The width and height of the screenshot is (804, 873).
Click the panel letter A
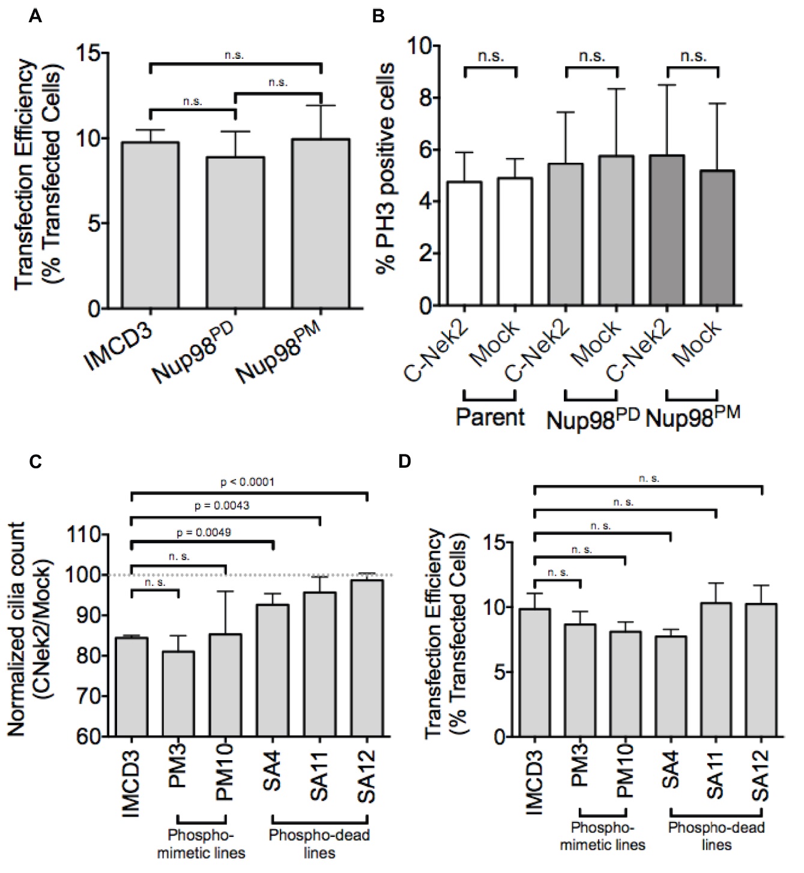tap(35, 16)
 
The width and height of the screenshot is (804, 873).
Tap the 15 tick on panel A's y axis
tap(89, 53)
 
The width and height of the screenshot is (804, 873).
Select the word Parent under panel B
tap(490, 417)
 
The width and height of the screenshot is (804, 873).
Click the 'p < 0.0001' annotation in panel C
tap(247, 482)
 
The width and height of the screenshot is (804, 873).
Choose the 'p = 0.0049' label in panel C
tap(204, 532)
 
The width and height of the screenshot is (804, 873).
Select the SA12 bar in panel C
tap(366, 657)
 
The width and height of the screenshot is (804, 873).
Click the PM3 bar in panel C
tap(178, 693)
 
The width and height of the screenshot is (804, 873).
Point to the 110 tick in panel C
tap(84, 535)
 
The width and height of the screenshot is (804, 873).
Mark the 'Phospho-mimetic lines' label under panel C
tap(201, 843)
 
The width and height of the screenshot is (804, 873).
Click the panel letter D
tap(405, 462)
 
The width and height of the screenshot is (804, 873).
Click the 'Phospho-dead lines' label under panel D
tap(716, 836)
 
